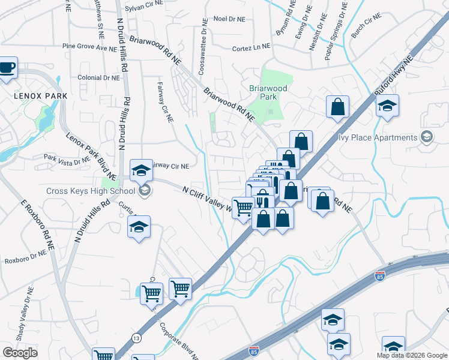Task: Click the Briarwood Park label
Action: pyautogui.click(x=268, y=92)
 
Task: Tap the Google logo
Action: pyautogui.click(x=20, y=353)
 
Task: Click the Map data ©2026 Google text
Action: pyautogui.click(x=412, y=355)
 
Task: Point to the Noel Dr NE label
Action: pyautogui.click(x=229, y=19)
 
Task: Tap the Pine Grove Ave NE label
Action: pyautogui.click(x=89, y=46)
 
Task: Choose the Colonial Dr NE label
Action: pyautogui.click(x=99, y=77)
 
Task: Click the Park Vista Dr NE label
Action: pyautogui.click(x=67, y=158)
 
